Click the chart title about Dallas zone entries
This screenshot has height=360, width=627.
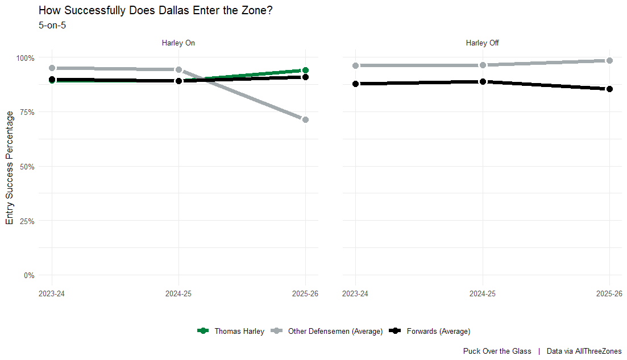[156, 10]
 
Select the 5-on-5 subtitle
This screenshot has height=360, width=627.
[52, 25]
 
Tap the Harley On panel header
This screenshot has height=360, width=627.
[178, 43]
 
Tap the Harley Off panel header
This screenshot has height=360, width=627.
[482, 43]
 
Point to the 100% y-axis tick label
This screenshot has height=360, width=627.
[25, 58]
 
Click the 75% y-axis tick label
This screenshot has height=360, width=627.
[27, 112]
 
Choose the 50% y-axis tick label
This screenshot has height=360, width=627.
[27, 167]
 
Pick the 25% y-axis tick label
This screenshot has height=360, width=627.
[27, 221]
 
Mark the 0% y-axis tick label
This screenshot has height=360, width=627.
[28, 276]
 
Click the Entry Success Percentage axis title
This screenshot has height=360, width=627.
[10, 168]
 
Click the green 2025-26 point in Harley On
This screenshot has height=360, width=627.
[305, 71]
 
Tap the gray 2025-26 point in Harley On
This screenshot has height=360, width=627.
[305, 119]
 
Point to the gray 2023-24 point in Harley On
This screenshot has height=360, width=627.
[52, 68]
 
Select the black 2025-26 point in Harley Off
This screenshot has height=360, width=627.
[609, 89]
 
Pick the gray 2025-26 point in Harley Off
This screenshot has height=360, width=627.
[609, 60]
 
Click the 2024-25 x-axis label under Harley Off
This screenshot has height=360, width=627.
[483, 293]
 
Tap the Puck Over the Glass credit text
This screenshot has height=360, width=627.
[497, 351]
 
